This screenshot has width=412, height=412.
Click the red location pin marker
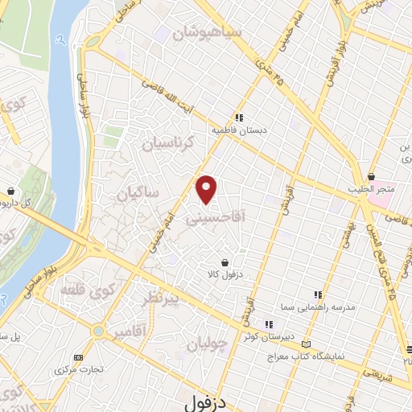tap(208, 189)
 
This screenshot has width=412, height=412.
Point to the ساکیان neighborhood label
tap(138, 193)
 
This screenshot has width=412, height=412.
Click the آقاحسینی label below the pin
tap(214, 217)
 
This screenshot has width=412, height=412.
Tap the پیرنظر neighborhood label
tap(169, 300)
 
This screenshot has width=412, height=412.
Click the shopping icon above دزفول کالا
tap(224, 262)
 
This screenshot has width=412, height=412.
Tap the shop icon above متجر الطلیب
tap(371, 176)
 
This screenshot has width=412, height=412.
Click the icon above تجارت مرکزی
tap(78, 357)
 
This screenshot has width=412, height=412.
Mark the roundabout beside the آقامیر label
tap(99, 330)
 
